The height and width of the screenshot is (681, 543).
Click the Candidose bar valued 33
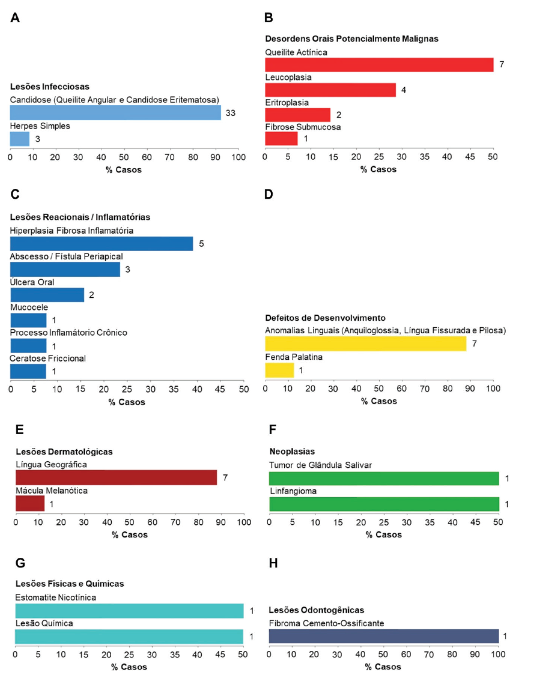tap(115, 112)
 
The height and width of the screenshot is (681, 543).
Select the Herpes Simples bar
tap(20, 138)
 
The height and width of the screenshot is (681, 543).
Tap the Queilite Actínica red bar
tap(379, 64)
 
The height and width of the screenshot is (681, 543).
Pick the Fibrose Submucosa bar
tap(282, 138)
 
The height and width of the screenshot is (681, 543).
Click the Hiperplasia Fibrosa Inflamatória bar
tap(102, 243)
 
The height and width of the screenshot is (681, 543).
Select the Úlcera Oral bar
tap(47, 295)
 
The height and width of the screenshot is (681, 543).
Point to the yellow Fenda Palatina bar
tap(279, 370)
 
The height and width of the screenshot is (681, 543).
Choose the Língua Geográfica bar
tap(116, 477)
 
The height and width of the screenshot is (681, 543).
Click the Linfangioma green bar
tap(384, 504)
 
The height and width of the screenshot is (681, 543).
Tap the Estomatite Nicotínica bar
tap(129, 611)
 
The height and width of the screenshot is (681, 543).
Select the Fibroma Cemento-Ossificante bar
tap(384, 636)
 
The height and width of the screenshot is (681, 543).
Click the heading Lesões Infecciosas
tap(50, 86)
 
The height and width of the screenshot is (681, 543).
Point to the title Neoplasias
tap(292, 451)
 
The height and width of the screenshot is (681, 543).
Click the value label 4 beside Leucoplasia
tap(404, 90)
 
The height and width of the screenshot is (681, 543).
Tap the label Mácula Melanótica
tap(52, 491)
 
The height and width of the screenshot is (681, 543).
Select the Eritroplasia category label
tap(287, 103)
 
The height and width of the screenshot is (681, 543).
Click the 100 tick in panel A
tap(238, 157)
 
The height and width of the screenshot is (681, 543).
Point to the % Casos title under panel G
tap(129, 667)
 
